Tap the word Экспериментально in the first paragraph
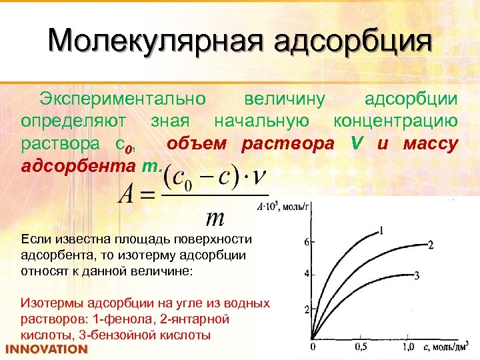(122, 99)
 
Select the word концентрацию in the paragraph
(395, 121)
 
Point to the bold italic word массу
(430, 143)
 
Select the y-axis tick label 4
(307, 274)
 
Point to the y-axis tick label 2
(307, 309)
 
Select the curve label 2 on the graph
(431, 245)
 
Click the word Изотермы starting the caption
(51, 303)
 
